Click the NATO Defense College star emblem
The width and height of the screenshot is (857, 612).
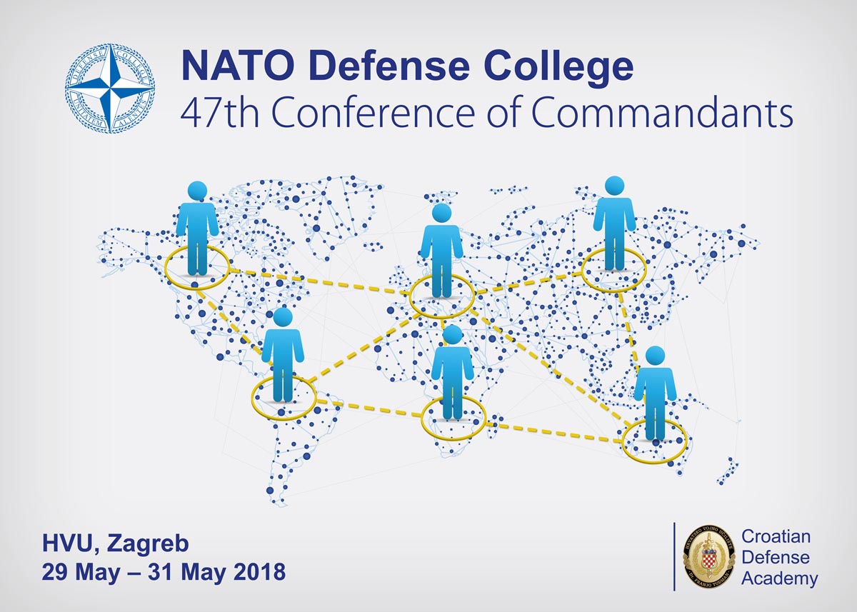[110, 89]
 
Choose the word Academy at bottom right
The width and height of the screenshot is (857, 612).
[780, 578]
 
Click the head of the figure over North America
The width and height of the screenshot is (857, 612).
[197, 191]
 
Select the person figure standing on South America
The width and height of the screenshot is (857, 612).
[283, 357]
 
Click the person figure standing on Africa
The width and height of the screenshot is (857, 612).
[452, 375]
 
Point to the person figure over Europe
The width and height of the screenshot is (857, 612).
[441, 254]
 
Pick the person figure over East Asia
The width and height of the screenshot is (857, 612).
[613, 225]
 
